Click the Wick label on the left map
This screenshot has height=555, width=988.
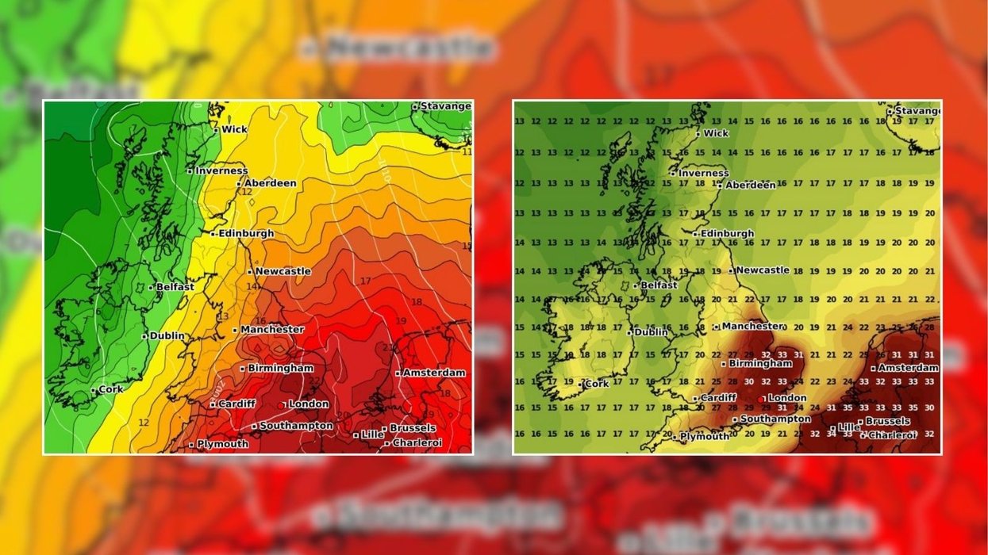(234, 129)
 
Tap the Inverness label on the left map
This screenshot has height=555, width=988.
(221, 170)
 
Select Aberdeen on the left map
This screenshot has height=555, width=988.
(270, 183)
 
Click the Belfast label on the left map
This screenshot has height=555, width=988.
(175, 287)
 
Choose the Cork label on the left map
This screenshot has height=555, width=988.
(112, 389)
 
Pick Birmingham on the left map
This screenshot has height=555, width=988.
(280, 368)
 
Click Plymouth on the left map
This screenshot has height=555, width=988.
(222, 444)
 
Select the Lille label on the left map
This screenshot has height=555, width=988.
(371, 434)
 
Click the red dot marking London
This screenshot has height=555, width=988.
(762, 399)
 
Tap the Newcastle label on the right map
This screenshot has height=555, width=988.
(762, 270)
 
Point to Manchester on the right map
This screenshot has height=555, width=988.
(752, 326)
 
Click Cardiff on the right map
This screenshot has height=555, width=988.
(719, 398)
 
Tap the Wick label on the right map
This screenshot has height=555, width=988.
(716, 133)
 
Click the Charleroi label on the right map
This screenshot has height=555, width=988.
(893, 435)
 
